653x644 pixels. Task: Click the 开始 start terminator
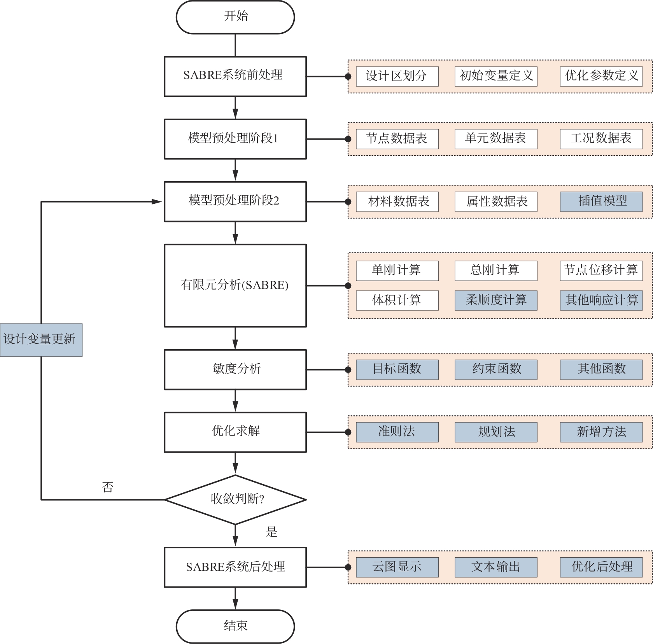click(x=235, y=17)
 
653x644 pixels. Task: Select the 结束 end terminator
click(x=235, y=626)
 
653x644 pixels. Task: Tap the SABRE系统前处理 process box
click(x=235, y=76)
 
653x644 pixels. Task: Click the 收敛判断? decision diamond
click(x=235, y=499)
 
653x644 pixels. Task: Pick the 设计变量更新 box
click(x=41, y=339)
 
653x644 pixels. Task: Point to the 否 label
click(x=108, y=487)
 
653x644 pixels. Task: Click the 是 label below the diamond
click(x=271, y=532)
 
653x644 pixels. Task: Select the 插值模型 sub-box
click(x=601, y=201)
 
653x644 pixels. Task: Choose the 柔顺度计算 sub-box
click(x=496, y=300)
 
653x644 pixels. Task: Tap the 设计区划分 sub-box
click(x=397, y=76)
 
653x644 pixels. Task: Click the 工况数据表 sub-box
click(x=601, y=139)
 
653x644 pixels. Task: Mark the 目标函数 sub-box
click(x=397, y=369)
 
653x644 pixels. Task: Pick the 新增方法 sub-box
click(x=601, y=432)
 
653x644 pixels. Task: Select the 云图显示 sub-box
click(x=397, y=567)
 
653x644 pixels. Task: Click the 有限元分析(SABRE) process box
click(x=235, y=285)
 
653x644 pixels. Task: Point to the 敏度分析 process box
click(x=235, y=369)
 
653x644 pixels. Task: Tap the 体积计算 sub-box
click(x=397, y=300)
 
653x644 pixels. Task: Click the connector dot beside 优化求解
click(x=348, y=432)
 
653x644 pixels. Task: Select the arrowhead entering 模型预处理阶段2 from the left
click(x=157, y=201)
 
